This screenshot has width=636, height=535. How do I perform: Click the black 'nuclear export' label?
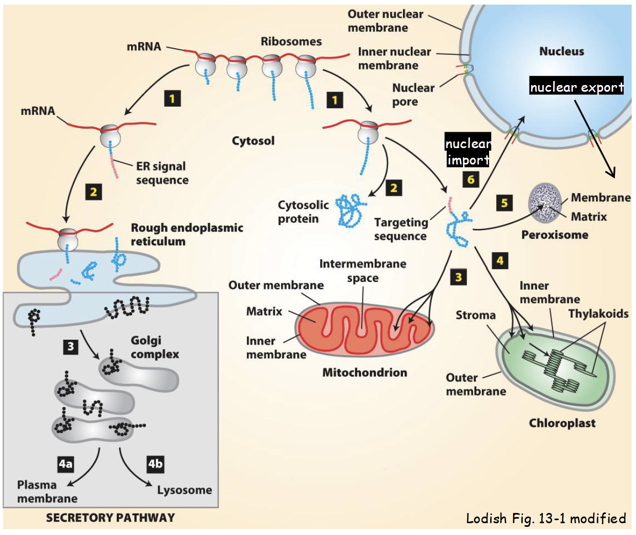click(577, 87)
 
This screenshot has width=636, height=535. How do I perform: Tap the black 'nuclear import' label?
click(468, 152)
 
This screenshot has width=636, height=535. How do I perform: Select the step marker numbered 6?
click(471, 179)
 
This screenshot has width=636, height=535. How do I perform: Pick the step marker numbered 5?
click(504, 203)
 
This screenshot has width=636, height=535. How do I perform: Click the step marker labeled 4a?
click(66, 464)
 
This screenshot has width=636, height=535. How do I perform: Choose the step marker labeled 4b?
click(155, 464)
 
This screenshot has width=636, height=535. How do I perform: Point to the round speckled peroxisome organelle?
click(544, 203)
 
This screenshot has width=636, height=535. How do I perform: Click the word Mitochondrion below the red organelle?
click(365, 373)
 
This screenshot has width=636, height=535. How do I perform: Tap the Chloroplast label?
click(562, 423)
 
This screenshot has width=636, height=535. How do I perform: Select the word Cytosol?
click(253, 141)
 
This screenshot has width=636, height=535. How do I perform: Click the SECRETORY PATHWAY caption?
click(110, 518)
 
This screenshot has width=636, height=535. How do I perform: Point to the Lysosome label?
click(184, 490)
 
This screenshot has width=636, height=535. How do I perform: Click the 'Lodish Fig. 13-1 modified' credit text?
click(546, 519)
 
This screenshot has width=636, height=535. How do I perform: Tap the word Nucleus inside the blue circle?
click(561, 51)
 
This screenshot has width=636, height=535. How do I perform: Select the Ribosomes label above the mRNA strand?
click(291, 42)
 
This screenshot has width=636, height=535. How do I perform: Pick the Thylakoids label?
click(598, 314)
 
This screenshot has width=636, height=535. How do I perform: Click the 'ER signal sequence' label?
click(162, 173)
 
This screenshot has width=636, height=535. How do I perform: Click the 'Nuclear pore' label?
click(413, 95)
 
